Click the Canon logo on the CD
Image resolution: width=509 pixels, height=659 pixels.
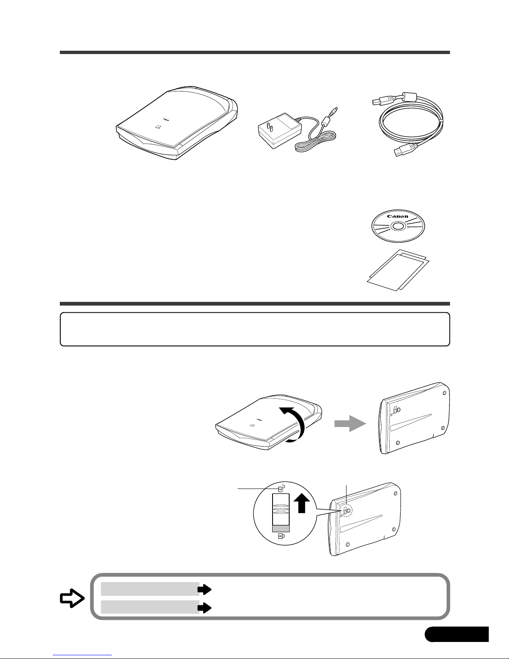pyautogui.click(x=398, y=216)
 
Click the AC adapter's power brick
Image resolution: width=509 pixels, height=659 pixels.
pyautogui.click(x=280, y=131)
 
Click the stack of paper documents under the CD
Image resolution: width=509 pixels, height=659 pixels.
pyautogui.click(x=398, y=270)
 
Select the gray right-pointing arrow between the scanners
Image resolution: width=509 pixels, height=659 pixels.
pyautogui.click(x=350, y=423)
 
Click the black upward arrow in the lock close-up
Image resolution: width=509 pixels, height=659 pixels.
pyautogui.click(x=302, y=503)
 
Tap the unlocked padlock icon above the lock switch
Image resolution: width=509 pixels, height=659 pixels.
pyautogui.click(x=281, y=489)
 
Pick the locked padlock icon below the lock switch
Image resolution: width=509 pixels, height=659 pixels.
pyautogui.click(x=281, y=536)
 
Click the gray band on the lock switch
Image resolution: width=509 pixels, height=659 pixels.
pyautogui.click(x=281, y=528)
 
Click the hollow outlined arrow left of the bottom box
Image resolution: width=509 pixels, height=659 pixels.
pyautogui.click(x=72, y=598)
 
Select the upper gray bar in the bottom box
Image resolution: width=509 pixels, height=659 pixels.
pyautogui.click(x=150, y=589)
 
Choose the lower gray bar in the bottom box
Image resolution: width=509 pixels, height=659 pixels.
pyautogui.click(x=150, y=607)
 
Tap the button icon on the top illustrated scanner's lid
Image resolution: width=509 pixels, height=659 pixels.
pyautogui.click(x=158, y=127)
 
